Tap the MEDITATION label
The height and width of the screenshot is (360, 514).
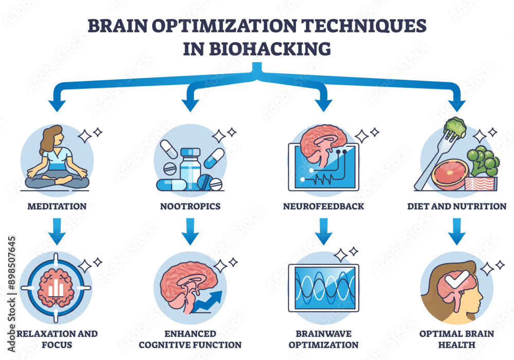tap(57, 206)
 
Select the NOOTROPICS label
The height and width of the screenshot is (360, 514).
tap(190, 206)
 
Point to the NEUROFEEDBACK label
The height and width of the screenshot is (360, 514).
tap(323, 206)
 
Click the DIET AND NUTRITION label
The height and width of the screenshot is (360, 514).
tap(456, 206)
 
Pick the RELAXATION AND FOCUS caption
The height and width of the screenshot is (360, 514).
tap(57, 339)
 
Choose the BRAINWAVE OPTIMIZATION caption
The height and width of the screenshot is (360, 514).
tap(323, 339)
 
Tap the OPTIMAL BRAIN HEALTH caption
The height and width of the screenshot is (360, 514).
tap(456, 339)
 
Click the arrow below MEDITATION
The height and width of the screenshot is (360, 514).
tap(58, 231)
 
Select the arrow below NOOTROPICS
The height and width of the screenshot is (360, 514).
tap(190, 231)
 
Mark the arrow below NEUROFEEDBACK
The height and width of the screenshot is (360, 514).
tap(323, 231)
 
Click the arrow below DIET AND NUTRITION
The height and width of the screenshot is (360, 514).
tap(456, 231)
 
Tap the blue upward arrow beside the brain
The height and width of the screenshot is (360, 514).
tap(211, 301)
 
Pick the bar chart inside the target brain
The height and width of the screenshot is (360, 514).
tap(57, 289)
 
